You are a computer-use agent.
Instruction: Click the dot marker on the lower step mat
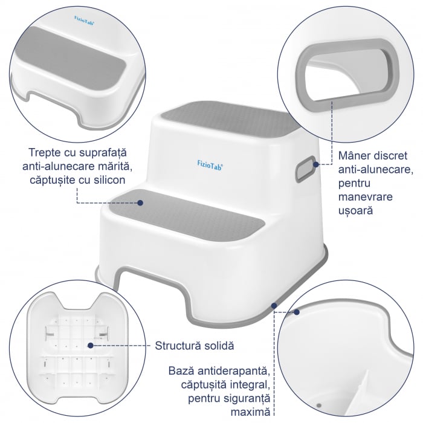[141, 202]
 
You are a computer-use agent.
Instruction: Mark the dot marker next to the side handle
[317, 163]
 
